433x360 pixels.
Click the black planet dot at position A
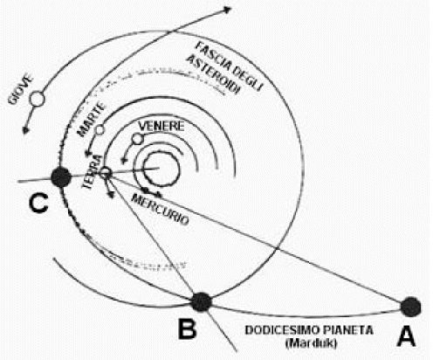[410, 307]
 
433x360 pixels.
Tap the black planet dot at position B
[202, 302]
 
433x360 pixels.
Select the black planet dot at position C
[61, 177]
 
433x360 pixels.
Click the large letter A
[406, 336]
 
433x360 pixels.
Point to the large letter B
[187, 329]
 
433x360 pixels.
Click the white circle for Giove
[37, 99]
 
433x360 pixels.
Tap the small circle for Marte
[100, 129]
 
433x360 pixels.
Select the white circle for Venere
[137, 139]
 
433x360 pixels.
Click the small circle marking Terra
[106, 173]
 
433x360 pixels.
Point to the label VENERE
[162, 126]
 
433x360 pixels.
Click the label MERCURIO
[160, 209]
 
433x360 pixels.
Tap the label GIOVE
[21, 90]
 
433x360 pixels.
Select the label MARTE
[91, 119]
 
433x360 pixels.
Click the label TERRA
[93, 172]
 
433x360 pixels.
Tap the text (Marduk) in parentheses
[311, 343]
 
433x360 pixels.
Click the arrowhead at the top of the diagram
[226, 10]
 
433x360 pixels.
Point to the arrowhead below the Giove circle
[26, 130]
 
